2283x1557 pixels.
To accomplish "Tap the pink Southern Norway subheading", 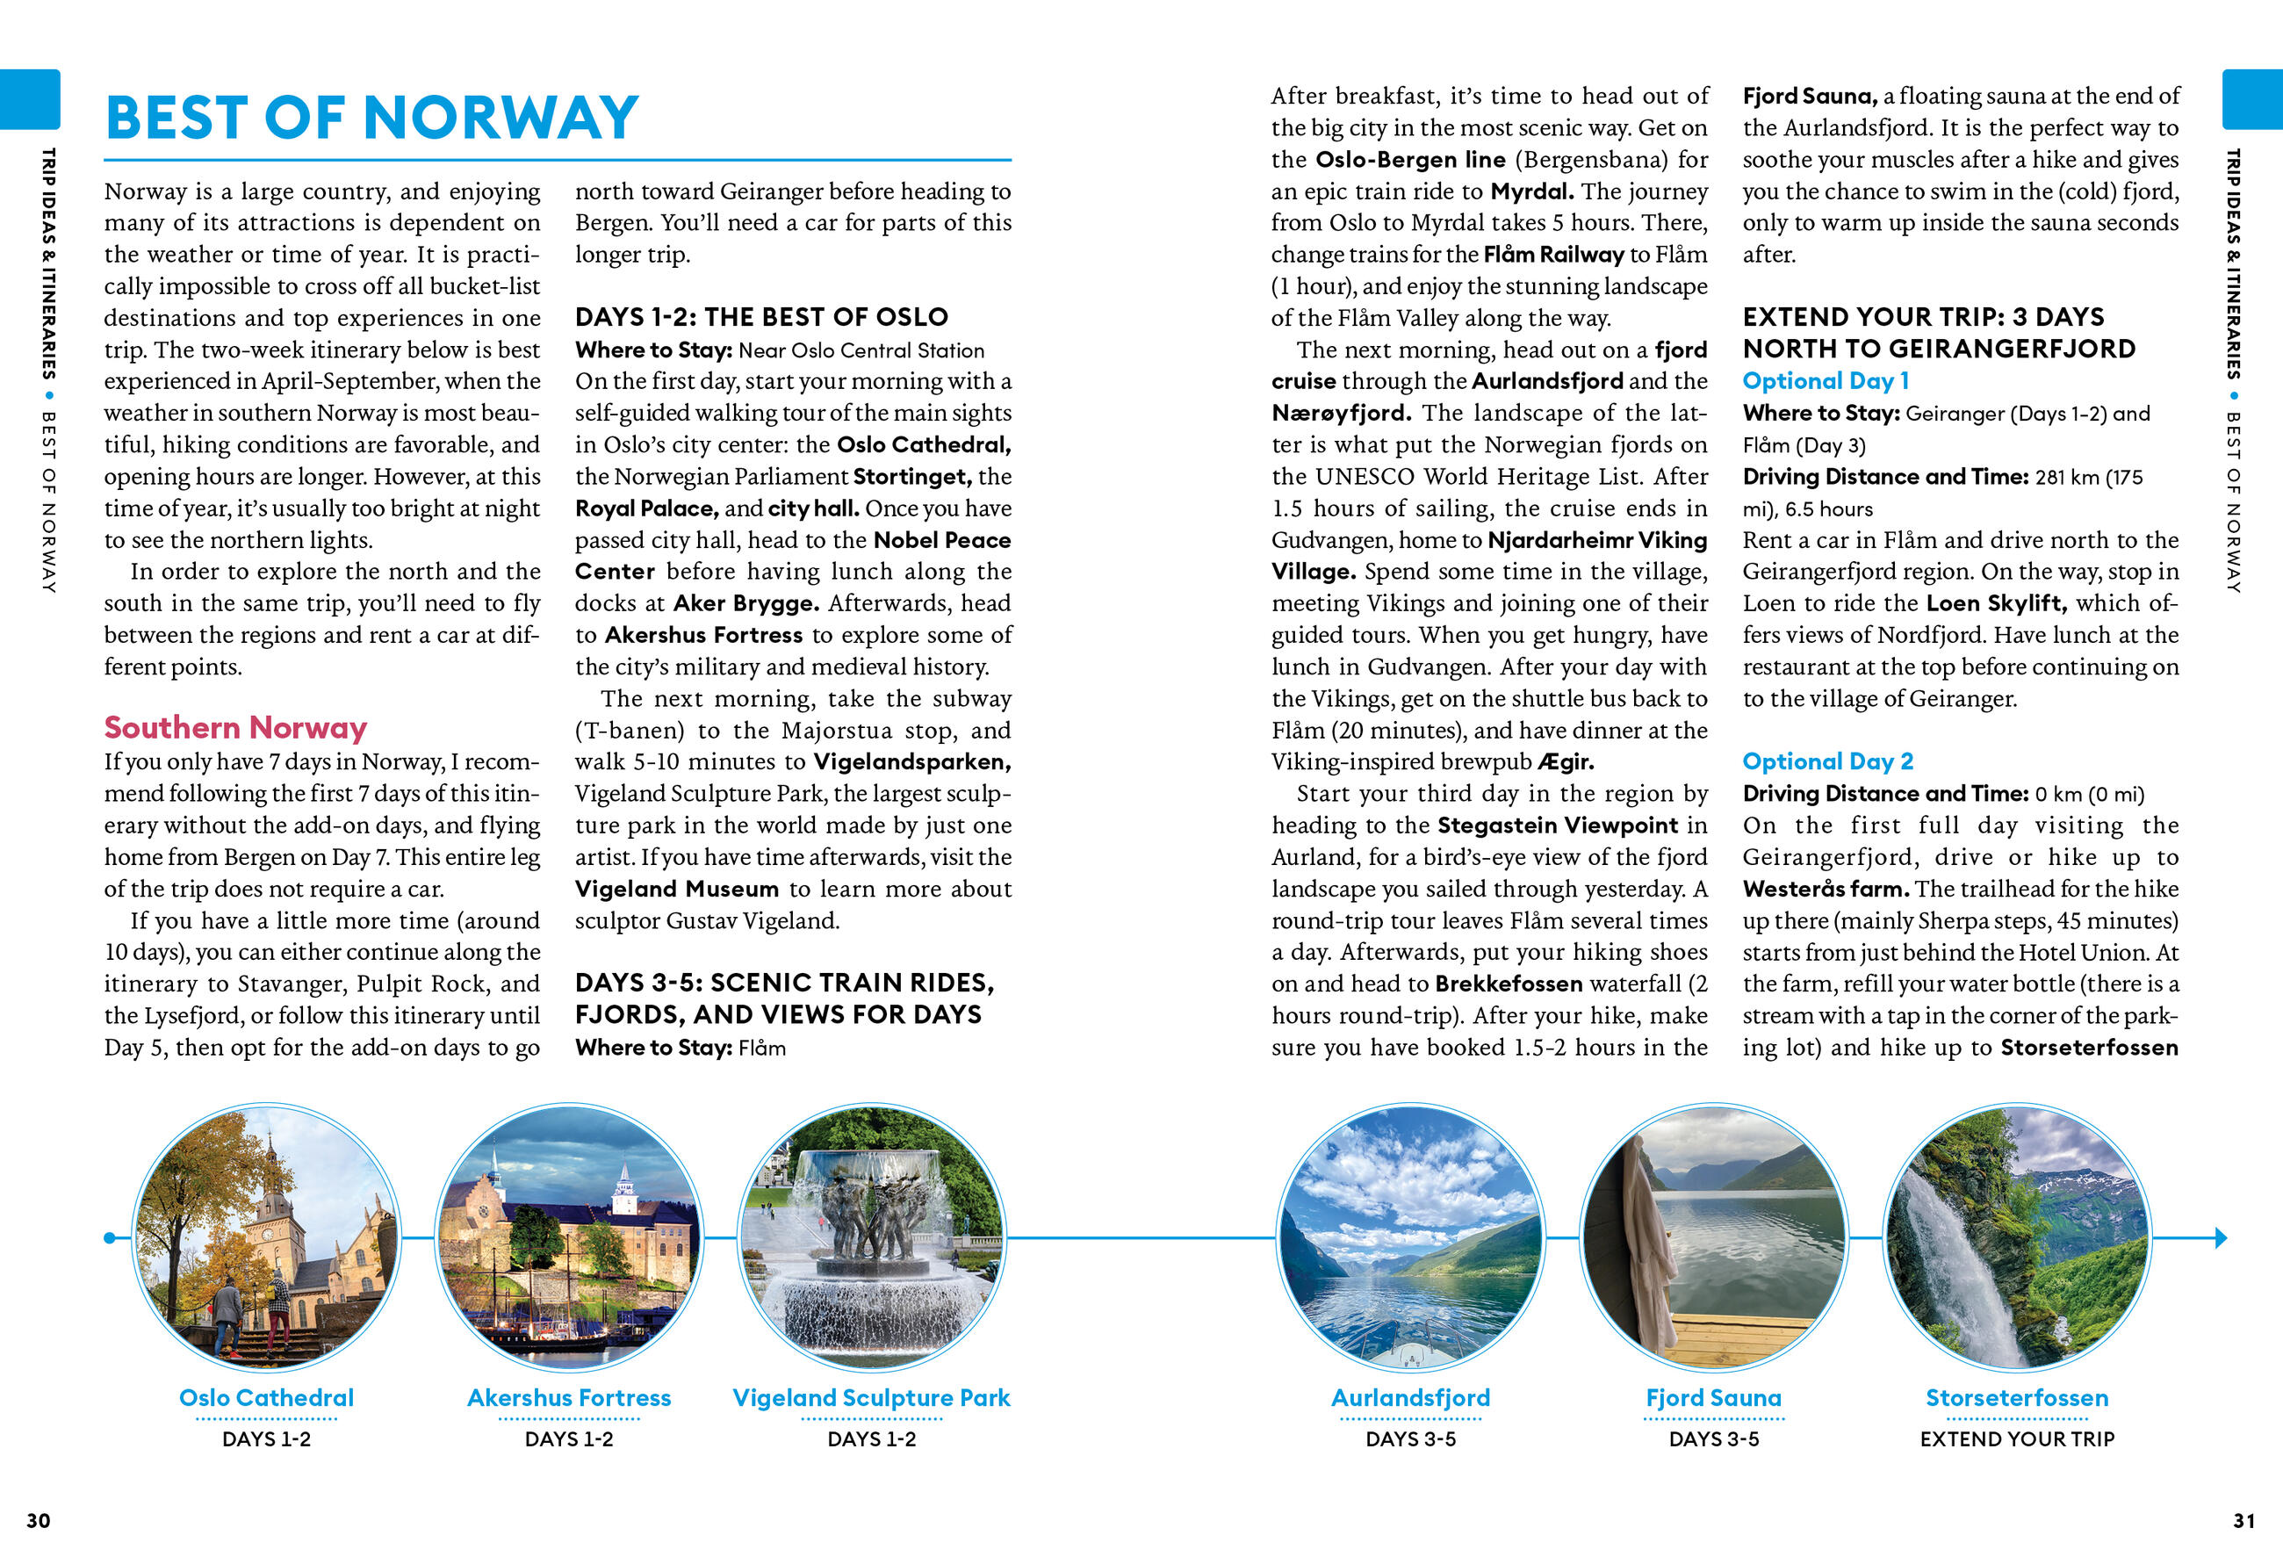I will (236, 728).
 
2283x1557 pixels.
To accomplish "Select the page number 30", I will (39, 1521).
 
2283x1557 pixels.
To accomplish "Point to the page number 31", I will (2243, 1521).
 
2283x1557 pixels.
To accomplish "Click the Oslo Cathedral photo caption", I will (266, 1398).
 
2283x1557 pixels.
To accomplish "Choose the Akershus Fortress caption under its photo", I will (569, 1398).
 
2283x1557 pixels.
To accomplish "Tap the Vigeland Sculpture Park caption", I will (871, 1398).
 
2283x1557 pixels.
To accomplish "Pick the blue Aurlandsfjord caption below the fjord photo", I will (1411, 1398).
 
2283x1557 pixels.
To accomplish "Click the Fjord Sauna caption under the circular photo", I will (1713, 1398).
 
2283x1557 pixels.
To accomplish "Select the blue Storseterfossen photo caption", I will (2017, 1398).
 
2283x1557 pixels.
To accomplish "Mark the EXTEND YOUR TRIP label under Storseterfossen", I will (2017, 1439).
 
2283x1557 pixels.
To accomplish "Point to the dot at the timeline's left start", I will (109, 1237).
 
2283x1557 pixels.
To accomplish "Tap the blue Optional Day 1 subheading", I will (1826, 381).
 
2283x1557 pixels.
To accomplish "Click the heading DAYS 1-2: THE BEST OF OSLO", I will (761, 317).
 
